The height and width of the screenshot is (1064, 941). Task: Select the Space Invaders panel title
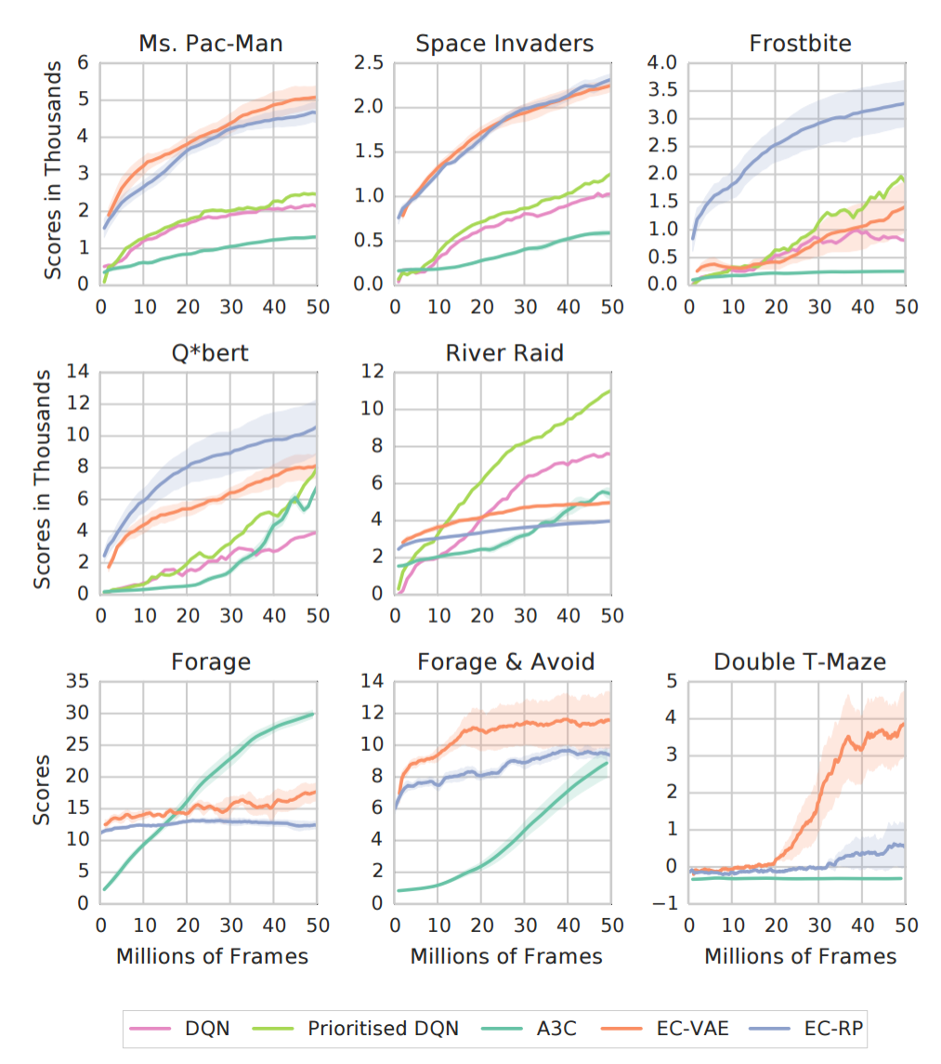(504, 43)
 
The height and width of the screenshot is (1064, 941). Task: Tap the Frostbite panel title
(799, 43)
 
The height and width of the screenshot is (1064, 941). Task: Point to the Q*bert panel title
(210, 353)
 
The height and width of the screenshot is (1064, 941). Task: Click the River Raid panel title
(504, 353)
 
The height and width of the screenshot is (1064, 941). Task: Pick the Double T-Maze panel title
(799, 662)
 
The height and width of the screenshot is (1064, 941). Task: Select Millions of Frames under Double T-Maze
(800, 955)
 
